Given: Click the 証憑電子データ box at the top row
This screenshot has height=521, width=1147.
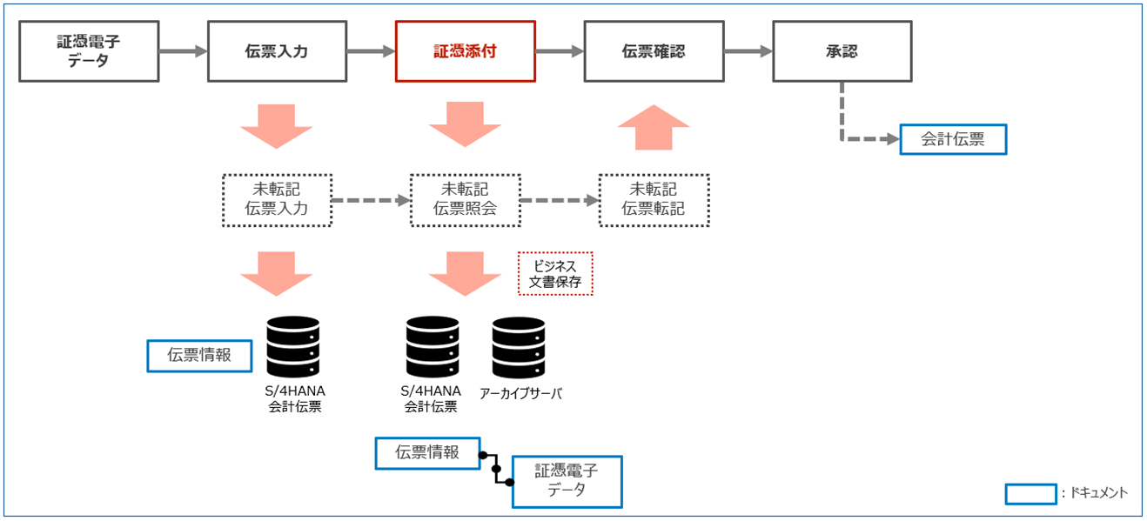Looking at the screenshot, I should coord(89,51).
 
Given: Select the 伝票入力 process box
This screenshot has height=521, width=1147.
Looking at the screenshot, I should coord(277,51).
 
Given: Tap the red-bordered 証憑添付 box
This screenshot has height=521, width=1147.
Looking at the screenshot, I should coord(465,51).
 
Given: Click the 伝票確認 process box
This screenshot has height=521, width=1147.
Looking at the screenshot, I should coord(654,51).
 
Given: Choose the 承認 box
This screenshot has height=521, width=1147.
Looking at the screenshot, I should coord(842,51).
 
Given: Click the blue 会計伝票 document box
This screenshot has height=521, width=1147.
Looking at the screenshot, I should coord(952,139).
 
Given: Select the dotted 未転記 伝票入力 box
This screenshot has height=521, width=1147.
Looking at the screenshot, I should coord(277,200).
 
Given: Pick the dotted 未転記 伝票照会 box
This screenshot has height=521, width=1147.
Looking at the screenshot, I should coord(465,200).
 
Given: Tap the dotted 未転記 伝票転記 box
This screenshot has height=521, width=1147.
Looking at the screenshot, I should coord(654,200).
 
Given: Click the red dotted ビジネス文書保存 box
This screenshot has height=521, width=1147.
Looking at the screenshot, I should coord(555,274).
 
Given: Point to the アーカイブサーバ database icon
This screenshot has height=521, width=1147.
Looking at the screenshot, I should coord(519,346).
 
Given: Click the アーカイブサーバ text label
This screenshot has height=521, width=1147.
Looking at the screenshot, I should coord(520,393).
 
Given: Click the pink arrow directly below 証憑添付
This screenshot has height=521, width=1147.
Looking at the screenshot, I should coord(465,124).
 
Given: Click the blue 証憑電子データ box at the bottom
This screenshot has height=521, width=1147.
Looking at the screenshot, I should coord(567,481).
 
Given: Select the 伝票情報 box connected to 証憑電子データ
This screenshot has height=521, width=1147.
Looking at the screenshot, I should coord(427,453).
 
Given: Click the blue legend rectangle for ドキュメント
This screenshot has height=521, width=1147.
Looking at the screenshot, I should coord(1030,493).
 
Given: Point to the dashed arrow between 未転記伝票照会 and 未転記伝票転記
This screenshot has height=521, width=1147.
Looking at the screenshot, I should coord(560,200).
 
